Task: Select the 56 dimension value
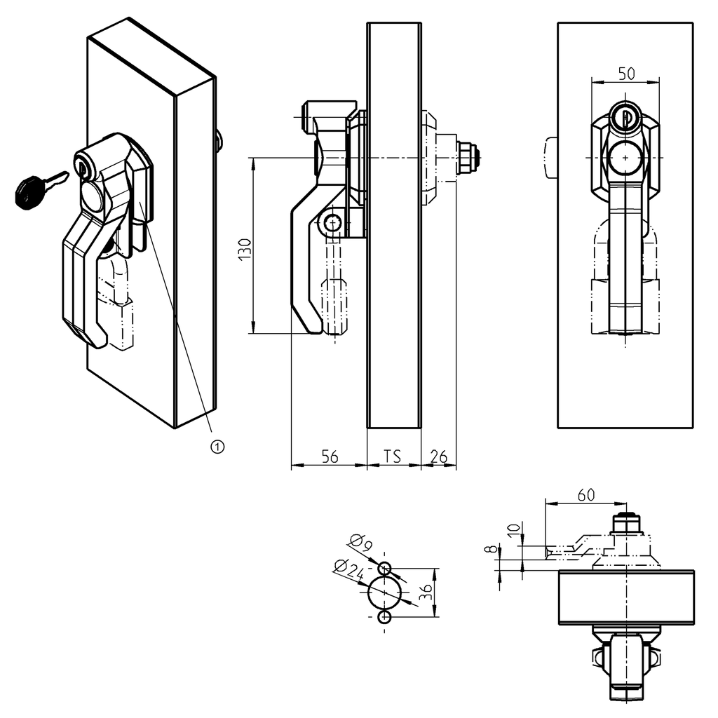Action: click(x=330, y=456)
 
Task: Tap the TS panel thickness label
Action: click(x=393, y=456)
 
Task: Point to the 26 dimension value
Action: click(x=438, y=456)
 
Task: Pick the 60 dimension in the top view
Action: click(x=586, y=494)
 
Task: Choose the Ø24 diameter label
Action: click(x=348, y=569)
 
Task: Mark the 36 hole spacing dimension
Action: click(x=426, y=592)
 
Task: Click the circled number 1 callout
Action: click(x=217, y=446)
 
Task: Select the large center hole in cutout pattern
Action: click(x=385, y=592)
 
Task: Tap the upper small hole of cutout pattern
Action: click(x=385, y=568)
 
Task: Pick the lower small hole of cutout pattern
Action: click(x=385, y=616)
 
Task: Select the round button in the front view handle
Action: click(x=625, y=158)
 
